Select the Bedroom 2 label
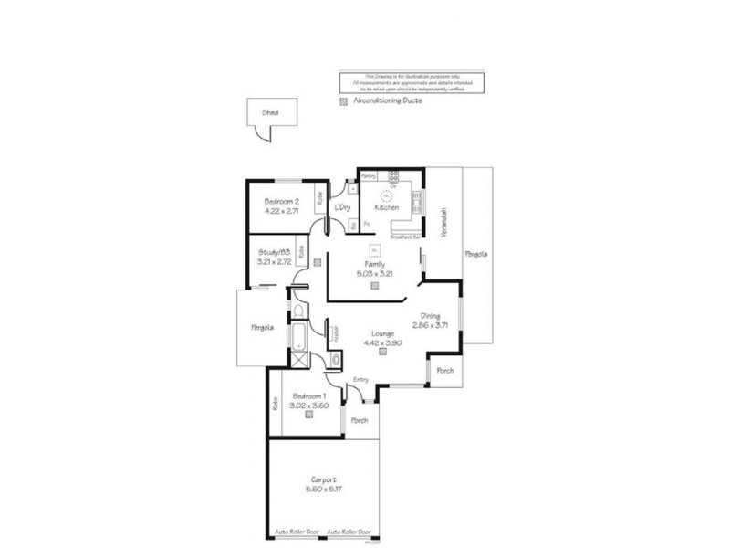[x=282, y=201]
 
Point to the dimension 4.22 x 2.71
[x=282, y=211]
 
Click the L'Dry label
[x=343, y=208]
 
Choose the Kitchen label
[x=388, y=208]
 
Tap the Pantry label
[x=369, y=174]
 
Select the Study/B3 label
[x=273, y=253]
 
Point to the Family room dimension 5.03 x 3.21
[x=375, y=272]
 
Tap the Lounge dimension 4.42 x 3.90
[x=382, y=343]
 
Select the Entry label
[x=360, y=380]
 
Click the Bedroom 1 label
[x=309, y=395]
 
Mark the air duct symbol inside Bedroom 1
[x=309, y=416]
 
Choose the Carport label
[x=323, y=479]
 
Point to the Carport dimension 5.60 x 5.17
[x=323, y=490]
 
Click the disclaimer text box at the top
[x=411, y=82]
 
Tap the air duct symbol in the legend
[x=343, y=101]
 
